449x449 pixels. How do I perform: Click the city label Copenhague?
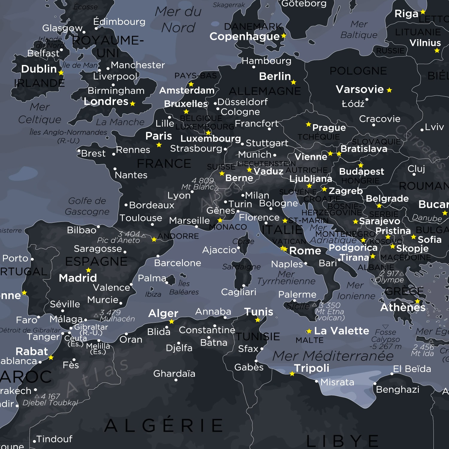[x=244, y=37]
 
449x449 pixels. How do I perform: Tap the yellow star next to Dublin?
[x=61, y=73]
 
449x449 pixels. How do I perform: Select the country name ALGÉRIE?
[x=164, y=425]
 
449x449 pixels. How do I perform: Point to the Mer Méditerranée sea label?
[x=333, y=356]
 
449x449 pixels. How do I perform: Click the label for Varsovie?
[x=359, y=89]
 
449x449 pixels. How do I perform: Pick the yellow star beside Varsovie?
[x=389, y=90]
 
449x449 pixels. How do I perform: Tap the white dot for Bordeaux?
[x=126, y=205]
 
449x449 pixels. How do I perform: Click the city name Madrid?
[x=78, y=278]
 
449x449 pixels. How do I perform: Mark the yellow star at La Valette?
[x=309, y=331]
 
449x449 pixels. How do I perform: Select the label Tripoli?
[x=311, y=368]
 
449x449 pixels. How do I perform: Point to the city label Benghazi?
[x=398, y=389]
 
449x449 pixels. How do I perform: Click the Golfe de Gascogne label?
[x=87, y=206]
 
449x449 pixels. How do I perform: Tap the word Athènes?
[x=403, y=307]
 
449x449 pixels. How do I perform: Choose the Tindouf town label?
[x=54, y=439]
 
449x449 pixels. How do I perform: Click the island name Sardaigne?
[x=241, y=267]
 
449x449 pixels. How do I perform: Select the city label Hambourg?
[x=266, y=61]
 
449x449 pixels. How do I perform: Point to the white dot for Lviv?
[x=422, y=130]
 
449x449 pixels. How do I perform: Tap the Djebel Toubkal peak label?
[x=50, y=403]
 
